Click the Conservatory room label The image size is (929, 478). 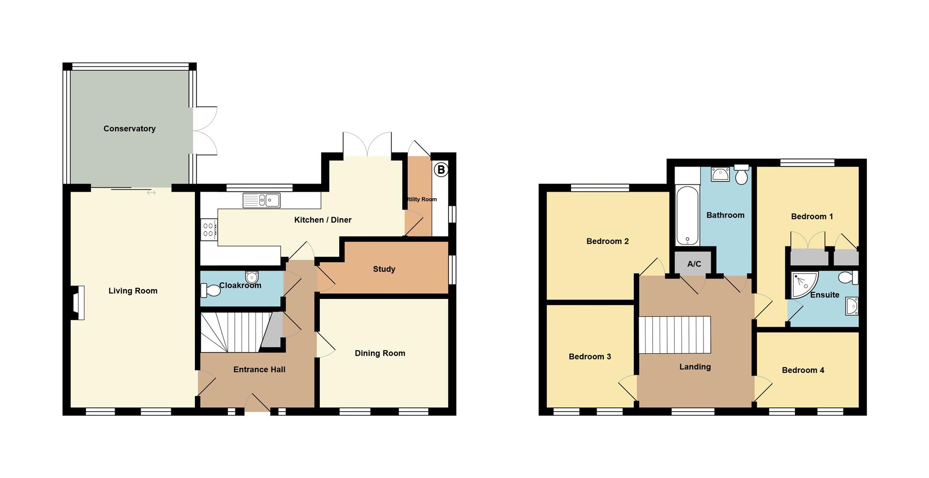coord(129,129)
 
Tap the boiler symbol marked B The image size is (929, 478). coord(441,170)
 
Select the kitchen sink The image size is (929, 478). coord(262,200)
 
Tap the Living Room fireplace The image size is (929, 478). coord(78,303)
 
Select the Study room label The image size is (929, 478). coord(384,269)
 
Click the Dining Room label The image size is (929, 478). coord(380,353)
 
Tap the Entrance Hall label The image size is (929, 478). coord(259,370)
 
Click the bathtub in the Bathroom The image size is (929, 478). coord(687,215)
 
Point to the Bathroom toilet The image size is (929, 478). coord(741,175)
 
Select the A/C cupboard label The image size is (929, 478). coord(694,264)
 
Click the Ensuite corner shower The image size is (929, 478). coord(803,284)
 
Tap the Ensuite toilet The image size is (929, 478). coord(848,278)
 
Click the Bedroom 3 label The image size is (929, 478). coord(590,357)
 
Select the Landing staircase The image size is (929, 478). coord(674,335)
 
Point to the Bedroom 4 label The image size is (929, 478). coord(803,370)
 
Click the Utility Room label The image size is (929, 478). coord(421,199)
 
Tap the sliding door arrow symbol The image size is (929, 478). coord(151,193)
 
